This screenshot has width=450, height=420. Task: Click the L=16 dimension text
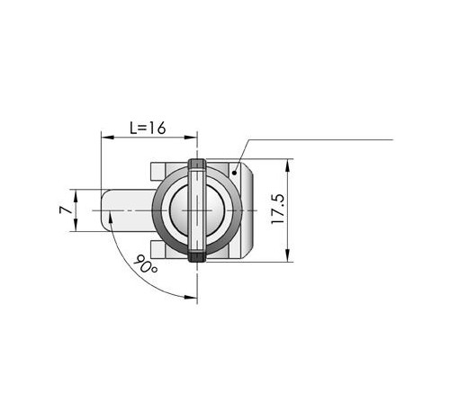click(x=148, y=128)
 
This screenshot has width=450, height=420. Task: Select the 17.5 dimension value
click(x=277, y=209)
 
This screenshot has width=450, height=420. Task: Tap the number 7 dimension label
click(x=66, y=210)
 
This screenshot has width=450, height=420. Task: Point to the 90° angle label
click(x=145, y=264)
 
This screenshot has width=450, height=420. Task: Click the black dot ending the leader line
click(x=234, y=173)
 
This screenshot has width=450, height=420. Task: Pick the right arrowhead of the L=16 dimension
click(x=190, y=138)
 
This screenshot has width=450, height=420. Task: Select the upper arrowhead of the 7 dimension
click(x=76, y=196)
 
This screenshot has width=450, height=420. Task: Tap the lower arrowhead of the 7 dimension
click(x=76, y=225)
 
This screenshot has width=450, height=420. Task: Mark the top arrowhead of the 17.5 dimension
click(x=287, y=165)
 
